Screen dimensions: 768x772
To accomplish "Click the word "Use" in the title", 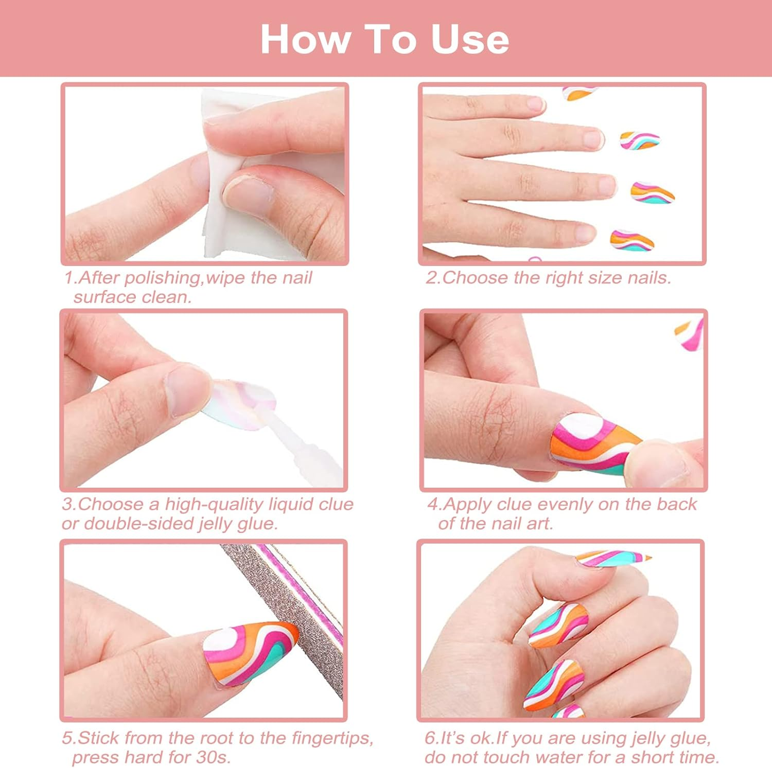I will tap(469, 40).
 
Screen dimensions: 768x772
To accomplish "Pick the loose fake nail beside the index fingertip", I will tap(639, 140).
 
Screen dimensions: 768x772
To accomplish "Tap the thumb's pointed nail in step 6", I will tap(612, 558).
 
